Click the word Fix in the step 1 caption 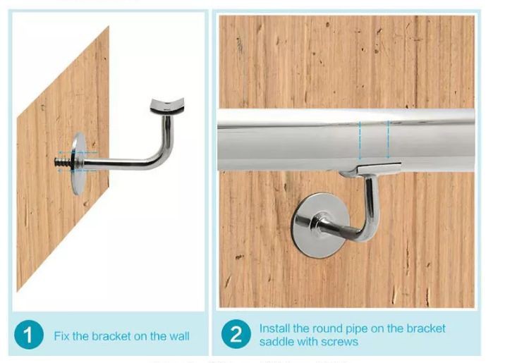pos(62,336)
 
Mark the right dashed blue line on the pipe pos(387,140)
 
